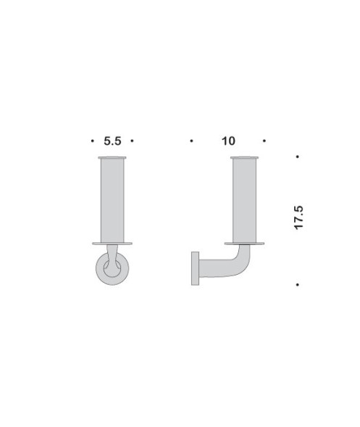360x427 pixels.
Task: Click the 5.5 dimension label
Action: (112, 141)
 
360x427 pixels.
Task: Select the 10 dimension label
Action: (228, 141)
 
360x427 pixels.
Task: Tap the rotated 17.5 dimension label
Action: (298, 217)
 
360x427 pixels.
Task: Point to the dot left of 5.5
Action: (93, 141)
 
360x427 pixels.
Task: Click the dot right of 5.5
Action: (132, 141)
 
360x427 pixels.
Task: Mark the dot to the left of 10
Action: (191, 141)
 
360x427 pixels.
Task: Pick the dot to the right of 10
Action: (266, 141)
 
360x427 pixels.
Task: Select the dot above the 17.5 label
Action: (298, 157)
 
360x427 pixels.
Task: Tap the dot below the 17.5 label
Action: (298, 283)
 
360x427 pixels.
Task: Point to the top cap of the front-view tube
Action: (112, 157)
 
